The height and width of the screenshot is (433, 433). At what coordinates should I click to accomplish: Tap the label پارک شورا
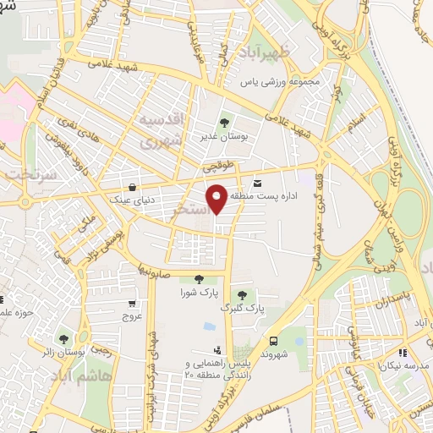[x=199, y=293]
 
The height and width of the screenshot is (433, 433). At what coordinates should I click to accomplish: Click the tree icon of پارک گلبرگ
[x=242, y=295]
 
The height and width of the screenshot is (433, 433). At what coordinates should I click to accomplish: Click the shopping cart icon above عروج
[x=131, y=303]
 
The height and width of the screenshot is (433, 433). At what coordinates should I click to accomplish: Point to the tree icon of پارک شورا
[x=199, y=279]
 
